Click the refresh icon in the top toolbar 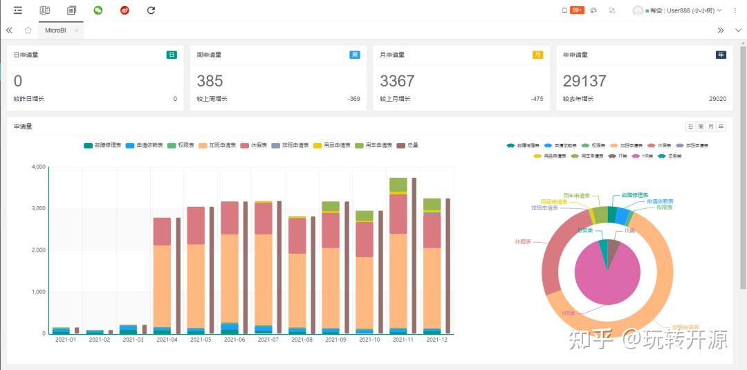point(151,10)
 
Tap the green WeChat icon point(98,10)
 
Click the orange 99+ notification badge point(577,10)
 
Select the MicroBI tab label point(55,30)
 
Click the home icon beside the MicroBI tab point(28,30)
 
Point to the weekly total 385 point(210,81)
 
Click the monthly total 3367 point(397,81)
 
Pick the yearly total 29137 point(584,81)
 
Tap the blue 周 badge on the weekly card point(355,55)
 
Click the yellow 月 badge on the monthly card point(537,55)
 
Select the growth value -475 point(537,99)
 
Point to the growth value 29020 point(717,99)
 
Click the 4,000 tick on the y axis point(38,167)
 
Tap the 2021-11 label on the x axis point(403,340)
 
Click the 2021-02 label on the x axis point(99,340)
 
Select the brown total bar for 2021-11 point(414,256)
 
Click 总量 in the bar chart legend point(407,145)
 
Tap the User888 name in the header point(680,10)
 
